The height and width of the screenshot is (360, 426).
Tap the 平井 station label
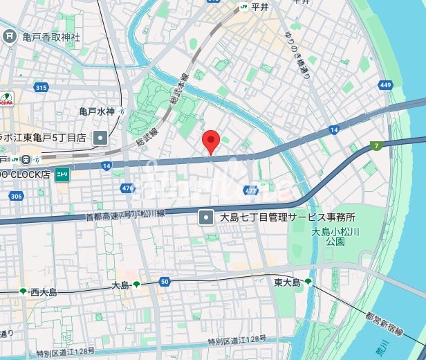point(259,7)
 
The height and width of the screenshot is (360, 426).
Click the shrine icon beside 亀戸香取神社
point(10,35)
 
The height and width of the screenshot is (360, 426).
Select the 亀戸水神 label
point(97,111)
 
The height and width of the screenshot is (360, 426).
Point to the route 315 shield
point(41,87)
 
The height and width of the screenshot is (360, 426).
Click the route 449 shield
point(385,84)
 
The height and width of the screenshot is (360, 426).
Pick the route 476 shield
point(127,188)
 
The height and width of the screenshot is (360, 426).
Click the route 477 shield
point(250,190)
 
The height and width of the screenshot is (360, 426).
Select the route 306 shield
point(16,197)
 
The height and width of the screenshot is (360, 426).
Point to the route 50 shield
point(164,281)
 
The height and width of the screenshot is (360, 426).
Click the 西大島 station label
point(43,292)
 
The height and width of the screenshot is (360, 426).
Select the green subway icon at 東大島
point(308,282)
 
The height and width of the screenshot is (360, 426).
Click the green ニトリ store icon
point(62,174)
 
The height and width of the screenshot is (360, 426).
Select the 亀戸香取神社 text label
point(51,36)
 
